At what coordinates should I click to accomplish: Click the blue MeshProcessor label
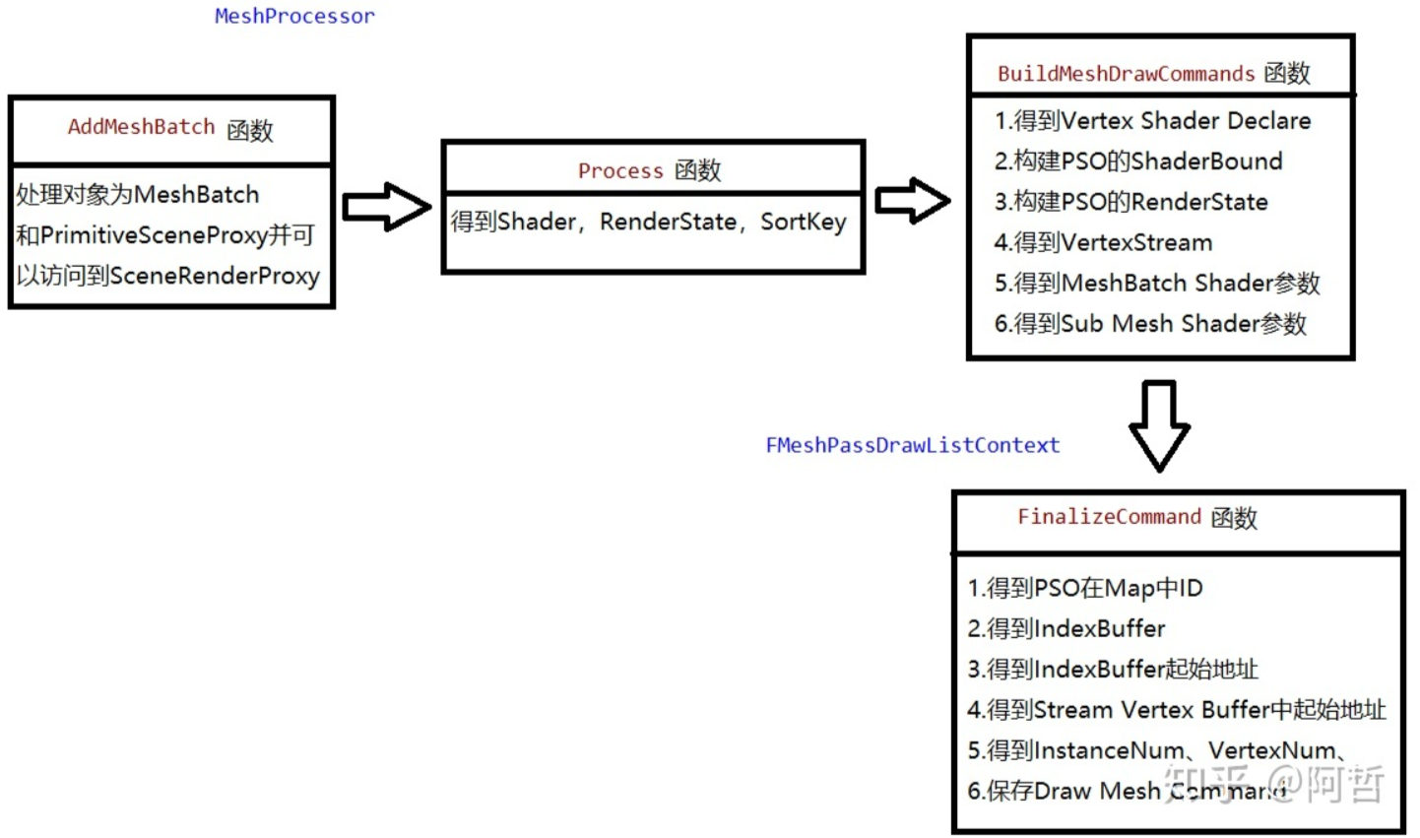pyautogui.click(x=294, y=16)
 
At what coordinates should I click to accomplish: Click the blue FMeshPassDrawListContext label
pyautogui.click(x=912, y=445)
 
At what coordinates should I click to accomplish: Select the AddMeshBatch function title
pyautogui.click(x=169, y=128)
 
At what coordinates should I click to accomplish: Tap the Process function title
pyautogui.click(x=649, y=170)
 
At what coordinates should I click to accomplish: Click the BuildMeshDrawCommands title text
pyautogui.click(x=1153, y=74)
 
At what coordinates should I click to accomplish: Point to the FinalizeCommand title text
pyautogui.click(x=1136, y=517)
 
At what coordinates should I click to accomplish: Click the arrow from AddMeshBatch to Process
pyautogui.click(x=386, y=207)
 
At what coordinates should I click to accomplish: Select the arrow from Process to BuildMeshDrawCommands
pyautogui.click(x=912, y=201)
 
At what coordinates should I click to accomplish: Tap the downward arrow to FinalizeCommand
pyautogui.click(x=1159, y=425)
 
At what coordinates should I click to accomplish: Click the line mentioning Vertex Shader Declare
pyautogui.click(x=1152, y=121)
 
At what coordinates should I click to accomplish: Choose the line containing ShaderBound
pyautogui.click(x=1137, y=161)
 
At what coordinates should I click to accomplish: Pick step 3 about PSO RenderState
pyautogui.click(x=1130, y=202)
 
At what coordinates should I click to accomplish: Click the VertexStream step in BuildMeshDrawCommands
pyautogui.click(x=1103, y=242)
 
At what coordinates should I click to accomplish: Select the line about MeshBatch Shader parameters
pyautogui.click(x=1156, y=284)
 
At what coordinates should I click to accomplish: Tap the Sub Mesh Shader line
pyautogui.click(x=1149, y=324)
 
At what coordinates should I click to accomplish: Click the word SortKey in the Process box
pyautogui.click(x=803, y=223)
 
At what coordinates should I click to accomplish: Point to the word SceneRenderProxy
pyautogui.click(x=214, y=276)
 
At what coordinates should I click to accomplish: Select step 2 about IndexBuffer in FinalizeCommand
pyautogui.click(x=1065, y=628)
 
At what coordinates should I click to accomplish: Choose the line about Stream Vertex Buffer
pyautogui.click(x=1176, y=710)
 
